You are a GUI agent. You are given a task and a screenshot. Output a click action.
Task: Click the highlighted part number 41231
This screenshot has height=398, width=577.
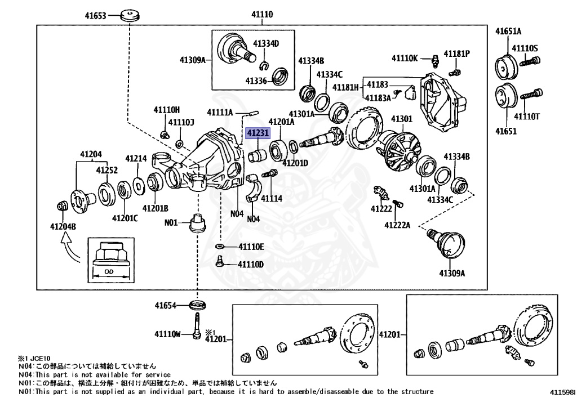pos(257,133)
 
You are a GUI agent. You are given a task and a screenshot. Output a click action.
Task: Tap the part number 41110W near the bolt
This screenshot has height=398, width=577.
pos(167,334)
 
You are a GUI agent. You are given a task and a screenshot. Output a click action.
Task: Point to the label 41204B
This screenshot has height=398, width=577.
pos(63,227)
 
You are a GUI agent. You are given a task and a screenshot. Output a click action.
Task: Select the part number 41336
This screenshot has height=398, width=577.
pos(256,81)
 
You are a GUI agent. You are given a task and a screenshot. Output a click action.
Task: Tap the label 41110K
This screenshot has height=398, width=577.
pos(405,58)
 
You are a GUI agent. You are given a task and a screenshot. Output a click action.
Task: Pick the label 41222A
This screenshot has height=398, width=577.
pos(398,225)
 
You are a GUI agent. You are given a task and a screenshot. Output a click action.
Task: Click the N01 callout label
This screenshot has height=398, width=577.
pos(171,222)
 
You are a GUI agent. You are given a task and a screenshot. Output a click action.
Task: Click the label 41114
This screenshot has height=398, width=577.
pos(272,198)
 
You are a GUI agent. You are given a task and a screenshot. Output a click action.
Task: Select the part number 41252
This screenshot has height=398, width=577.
pos(106,169)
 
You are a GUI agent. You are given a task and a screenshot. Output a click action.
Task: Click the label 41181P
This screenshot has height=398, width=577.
pos(456,53)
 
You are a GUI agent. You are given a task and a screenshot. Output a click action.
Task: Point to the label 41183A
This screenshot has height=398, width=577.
pos(378,97)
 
